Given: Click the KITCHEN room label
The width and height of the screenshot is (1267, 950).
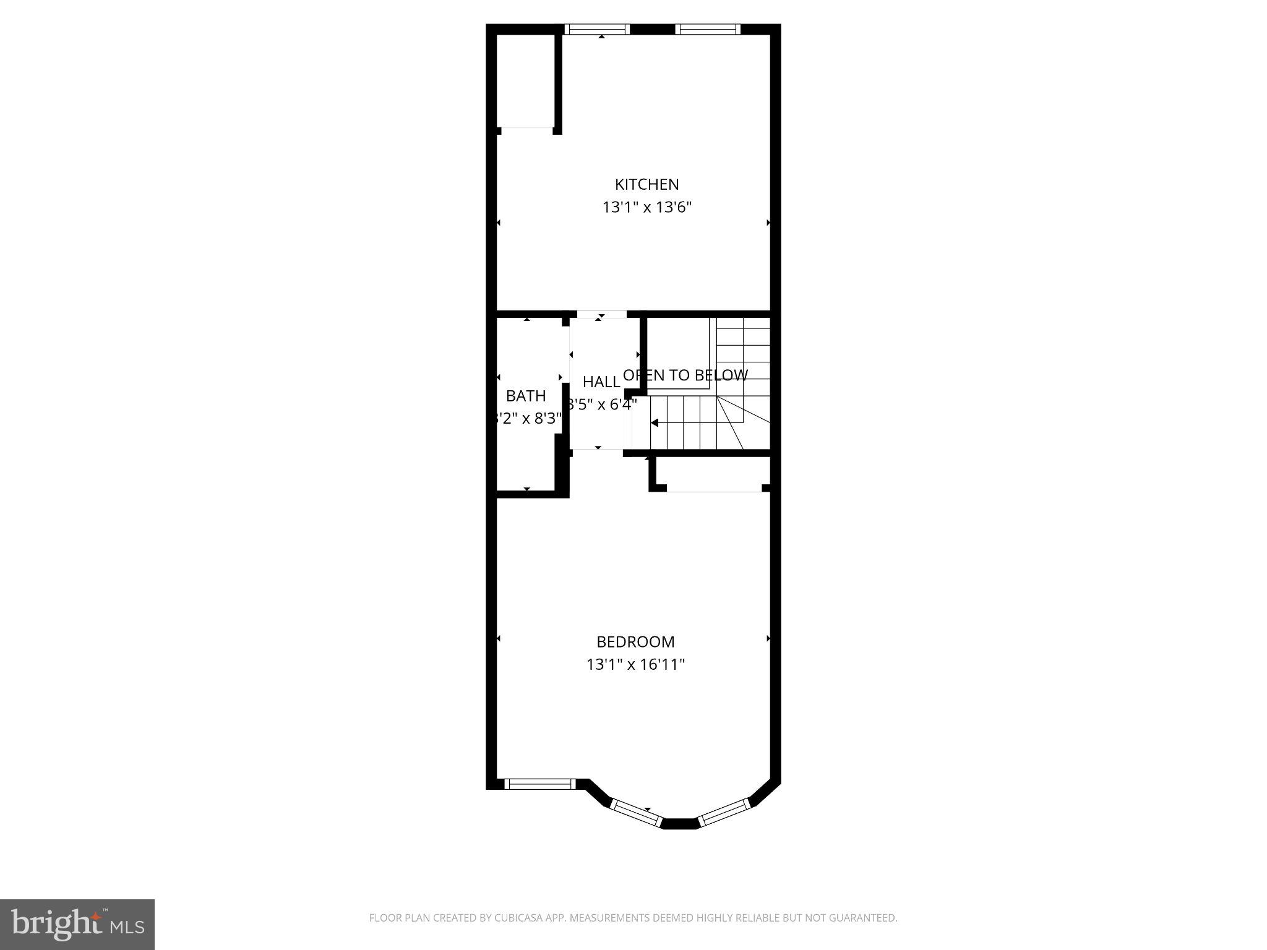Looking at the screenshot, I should coord(646,184).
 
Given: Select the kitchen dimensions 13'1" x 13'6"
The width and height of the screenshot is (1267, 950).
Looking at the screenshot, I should coord(646,207).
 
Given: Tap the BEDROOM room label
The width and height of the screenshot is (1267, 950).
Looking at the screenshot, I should coord(635,641).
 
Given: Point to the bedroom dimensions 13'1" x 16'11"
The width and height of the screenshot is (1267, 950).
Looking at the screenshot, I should coord(635,664).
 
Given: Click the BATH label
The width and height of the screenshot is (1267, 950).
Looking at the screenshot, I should coord(526,396).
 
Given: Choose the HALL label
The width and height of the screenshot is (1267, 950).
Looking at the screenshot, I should coord(601,382).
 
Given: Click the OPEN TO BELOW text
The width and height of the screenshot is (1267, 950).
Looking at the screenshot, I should coord(685,375).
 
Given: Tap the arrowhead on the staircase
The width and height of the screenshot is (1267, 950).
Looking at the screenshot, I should coord(654,423).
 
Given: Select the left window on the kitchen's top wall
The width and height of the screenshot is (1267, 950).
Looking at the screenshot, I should coord(598,29).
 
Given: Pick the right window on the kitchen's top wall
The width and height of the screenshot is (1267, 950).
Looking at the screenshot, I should coord(708,29).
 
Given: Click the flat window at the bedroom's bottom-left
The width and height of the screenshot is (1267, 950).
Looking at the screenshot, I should coord(540,784).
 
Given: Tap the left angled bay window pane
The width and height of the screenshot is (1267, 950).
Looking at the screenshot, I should coord(635,812).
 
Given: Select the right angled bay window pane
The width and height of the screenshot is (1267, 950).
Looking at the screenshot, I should coord(724,811).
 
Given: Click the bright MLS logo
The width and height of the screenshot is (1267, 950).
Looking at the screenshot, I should coord(77,924).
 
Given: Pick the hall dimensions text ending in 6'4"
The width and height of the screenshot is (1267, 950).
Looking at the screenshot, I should coord(603,404).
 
